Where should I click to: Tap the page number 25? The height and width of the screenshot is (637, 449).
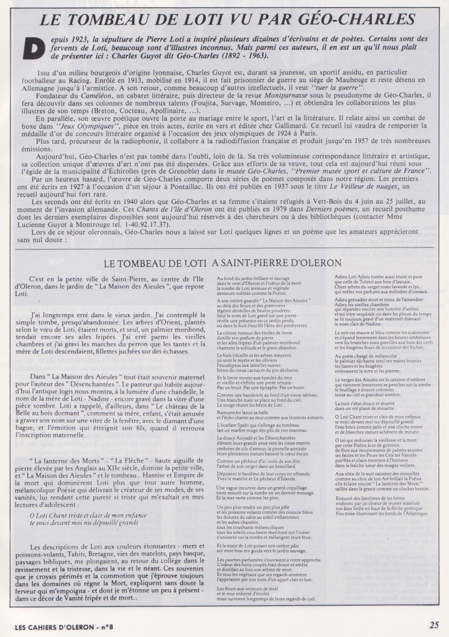pyautogui.click(x=433, y=624)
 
